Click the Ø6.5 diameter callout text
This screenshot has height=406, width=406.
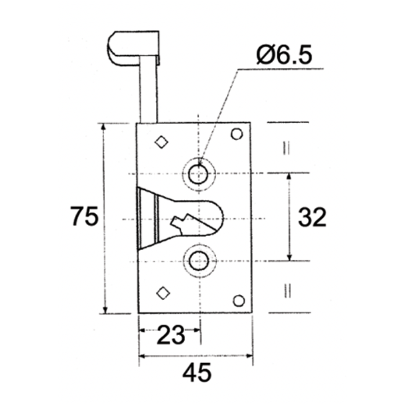point(284,55)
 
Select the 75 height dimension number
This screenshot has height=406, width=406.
point(85,217)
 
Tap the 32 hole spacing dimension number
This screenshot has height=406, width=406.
point(312,217)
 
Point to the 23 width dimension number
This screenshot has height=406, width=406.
point(171,336)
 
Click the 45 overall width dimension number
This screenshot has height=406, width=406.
point(197,373)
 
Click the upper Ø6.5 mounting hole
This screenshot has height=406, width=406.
point(198,174)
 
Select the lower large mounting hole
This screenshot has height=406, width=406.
point(198,261)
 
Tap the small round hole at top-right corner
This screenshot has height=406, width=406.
point(237,134)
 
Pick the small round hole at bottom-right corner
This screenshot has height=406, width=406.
point(239,300)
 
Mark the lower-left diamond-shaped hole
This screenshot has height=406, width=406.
point(163,292)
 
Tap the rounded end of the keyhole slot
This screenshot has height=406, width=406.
point(218,215)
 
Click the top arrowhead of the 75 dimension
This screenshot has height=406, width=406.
point(104,127)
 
